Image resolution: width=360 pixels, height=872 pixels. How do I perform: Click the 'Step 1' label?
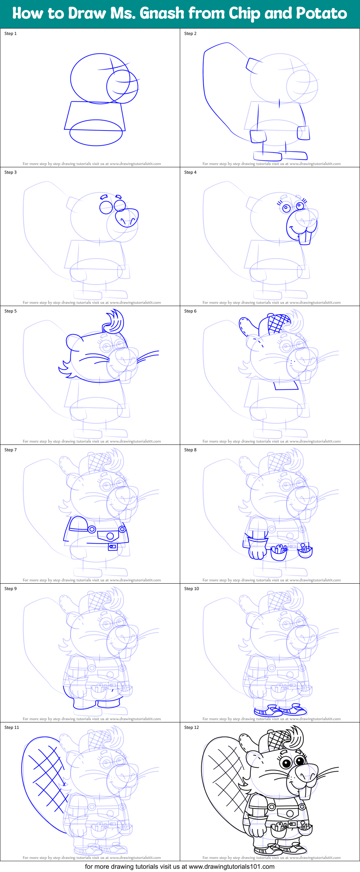pos(10,34)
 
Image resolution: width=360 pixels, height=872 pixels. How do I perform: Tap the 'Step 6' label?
pos(190,311)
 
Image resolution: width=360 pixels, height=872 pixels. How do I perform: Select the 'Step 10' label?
pos(191,589)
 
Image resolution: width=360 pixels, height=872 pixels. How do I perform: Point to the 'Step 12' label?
pos(191,727)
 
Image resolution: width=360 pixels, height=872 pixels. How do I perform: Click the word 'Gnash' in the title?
pos(162,13)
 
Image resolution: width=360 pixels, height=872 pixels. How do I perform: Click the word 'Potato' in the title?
pos(321,13)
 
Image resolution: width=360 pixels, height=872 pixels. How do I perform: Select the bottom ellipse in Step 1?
pos(96,133)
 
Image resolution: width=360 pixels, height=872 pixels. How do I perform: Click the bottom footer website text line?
pos(179,867)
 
